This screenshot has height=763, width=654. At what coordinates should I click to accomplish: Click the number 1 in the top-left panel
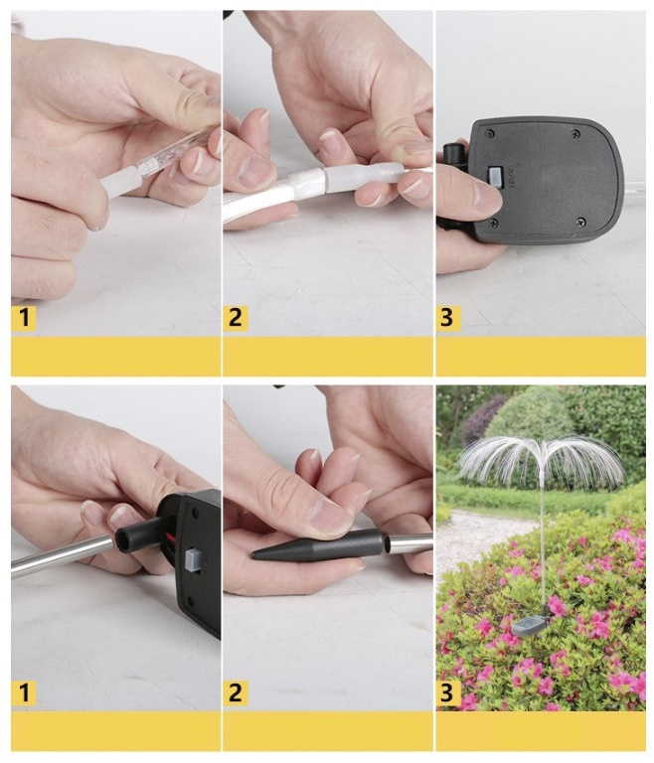coord(24,317)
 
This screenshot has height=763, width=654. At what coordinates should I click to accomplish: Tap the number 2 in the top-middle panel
coord(236,317)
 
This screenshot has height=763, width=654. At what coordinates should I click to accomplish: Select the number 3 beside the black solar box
coord(446,317)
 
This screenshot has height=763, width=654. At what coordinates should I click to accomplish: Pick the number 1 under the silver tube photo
coord(24,692)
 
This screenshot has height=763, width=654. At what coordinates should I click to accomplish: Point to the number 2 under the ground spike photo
coord(236,692)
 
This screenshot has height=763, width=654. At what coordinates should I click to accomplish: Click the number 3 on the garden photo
coord(446,692)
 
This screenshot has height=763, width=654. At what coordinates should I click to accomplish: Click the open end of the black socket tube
coord(123,536)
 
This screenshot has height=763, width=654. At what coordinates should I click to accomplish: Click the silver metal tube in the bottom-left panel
coord(64,556)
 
